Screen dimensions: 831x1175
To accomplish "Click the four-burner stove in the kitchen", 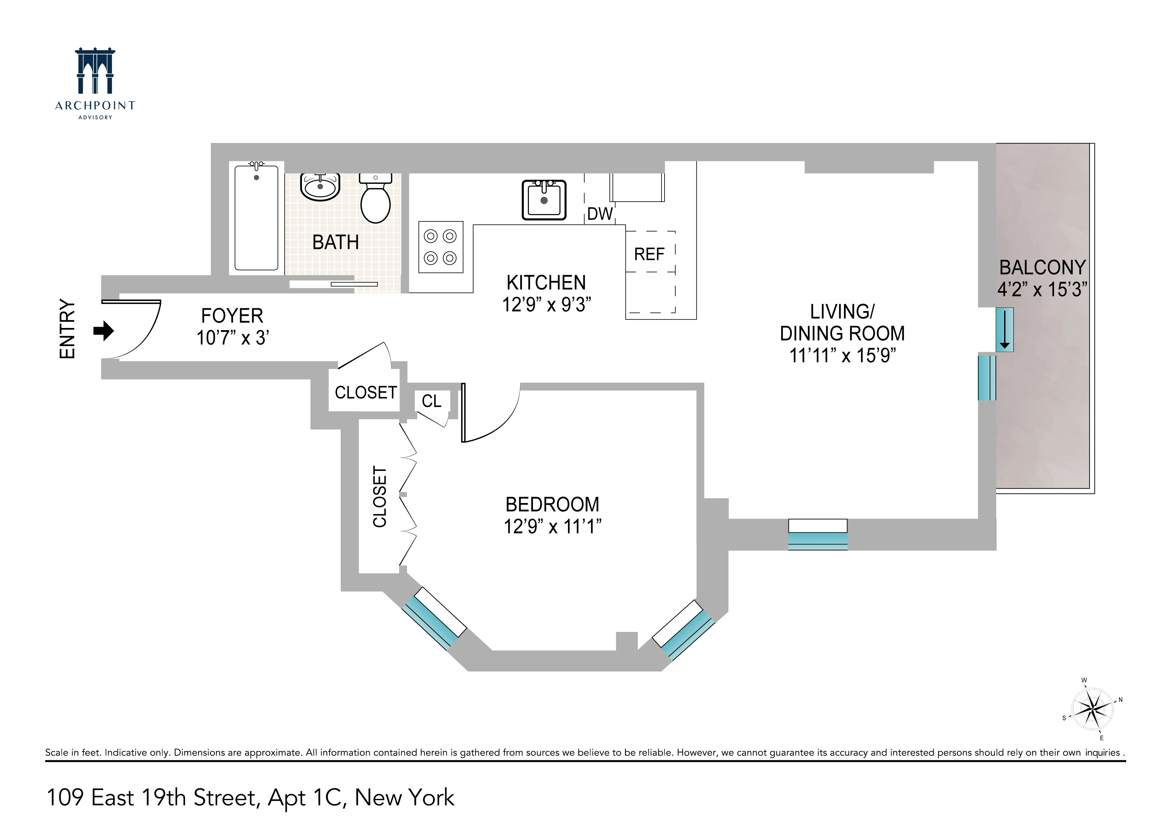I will [441, 247].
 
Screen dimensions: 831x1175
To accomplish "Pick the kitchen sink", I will [544, 200].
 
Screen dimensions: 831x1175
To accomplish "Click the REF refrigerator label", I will [649, 254].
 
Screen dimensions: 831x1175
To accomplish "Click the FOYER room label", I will [232, 316].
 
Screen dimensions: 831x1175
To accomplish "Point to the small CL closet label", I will [431, 401].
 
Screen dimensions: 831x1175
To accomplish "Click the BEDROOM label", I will [552, 505].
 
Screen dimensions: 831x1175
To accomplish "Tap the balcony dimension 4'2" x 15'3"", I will [1042, 290].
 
